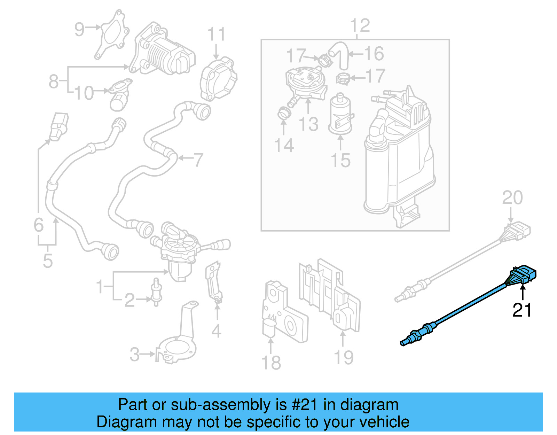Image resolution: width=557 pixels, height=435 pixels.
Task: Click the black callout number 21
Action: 522,310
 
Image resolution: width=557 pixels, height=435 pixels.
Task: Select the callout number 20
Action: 512,198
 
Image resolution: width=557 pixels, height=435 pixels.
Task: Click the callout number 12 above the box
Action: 360,26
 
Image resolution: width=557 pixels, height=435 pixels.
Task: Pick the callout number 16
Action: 374,54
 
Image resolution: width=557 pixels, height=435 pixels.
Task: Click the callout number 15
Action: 340,161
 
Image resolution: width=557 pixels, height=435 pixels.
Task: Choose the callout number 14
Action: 284,145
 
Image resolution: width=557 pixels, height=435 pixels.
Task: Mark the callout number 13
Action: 308,124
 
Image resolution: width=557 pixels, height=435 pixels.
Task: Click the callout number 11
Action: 216,34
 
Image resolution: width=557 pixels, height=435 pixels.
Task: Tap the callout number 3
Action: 135,355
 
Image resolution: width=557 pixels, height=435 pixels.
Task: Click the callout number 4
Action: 216,331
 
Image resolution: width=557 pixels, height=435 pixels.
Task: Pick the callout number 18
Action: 271,363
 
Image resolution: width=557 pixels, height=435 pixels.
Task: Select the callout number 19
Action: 344,357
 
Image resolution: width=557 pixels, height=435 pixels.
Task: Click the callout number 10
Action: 84,93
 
